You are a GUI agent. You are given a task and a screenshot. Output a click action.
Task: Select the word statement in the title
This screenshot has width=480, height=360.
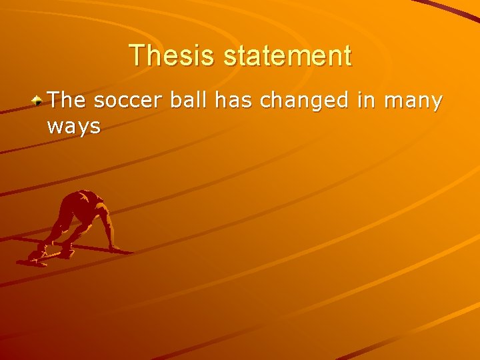287,55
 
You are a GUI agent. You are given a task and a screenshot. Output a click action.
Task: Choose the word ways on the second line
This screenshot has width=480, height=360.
74,126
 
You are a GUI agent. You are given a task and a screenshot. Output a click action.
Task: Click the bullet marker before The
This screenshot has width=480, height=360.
39,101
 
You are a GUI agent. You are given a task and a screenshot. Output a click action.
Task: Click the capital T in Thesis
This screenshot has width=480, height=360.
136,55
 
